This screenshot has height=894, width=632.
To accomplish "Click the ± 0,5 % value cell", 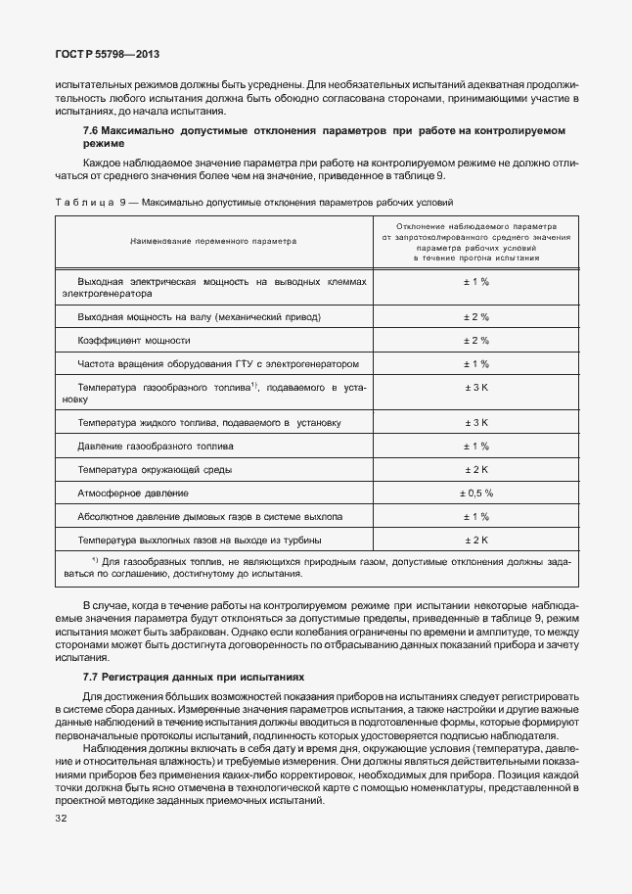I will (476, 493).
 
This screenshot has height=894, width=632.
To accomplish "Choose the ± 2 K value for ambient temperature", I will (476, 469).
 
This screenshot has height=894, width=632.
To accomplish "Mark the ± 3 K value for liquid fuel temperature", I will (476, 422).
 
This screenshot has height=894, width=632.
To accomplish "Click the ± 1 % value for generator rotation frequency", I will (476, 363).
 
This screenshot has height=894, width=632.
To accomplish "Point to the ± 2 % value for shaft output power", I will (476, 316).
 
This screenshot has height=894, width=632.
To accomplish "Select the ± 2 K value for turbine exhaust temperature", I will (476, 540).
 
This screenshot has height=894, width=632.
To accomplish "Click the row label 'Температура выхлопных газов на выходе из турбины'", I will (200, 540).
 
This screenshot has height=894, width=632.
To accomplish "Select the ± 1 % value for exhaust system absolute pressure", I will (476, 516).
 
